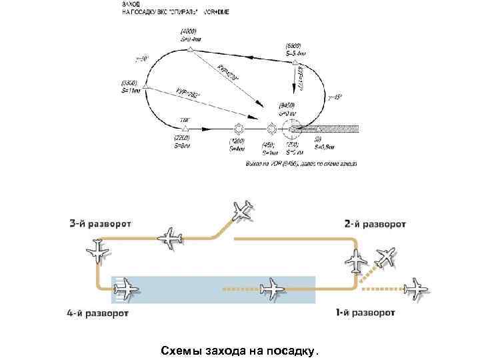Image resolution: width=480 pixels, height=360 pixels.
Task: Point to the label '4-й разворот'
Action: [99, 311]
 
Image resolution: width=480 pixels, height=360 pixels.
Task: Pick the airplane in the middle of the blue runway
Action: [271, 289]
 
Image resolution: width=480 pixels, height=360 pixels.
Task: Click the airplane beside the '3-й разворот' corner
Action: [99, 251]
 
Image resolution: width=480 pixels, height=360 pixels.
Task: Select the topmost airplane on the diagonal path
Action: [243, 210]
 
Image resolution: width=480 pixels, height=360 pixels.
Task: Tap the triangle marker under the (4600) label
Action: [190, 49]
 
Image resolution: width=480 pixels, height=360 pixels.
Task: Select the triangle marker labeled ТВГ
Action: [185, 127]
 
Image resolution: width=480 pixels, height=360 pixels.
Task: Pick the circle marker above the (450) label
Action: [271, 128]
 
